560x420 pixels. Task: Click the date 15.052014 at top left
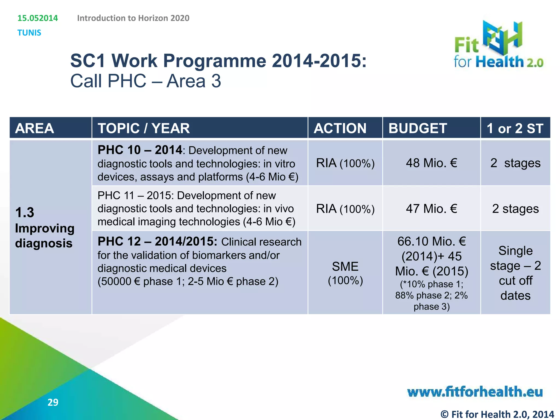[38, 18]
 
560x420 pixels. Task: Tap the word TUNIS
[29, 33]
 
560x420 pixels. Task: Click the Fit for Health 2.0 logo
[498, 45]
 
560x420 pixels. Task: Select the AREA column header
[34, 128]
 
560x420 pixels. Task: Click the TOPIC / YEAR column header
[144, 128]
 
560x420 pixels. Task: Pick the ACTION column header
[340, 128]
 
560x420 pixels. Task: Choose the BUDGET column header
[418, 128]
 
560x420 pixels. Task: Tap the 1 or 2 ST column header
[515, 128]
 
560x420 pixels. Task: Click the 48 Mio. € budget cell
[431, 163]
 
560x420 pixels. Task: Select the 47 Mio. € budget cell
[431, 209]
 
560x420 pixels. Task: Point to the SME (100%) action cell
[345, 273]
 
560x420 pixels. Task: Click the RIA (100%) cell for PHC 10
[345, 163]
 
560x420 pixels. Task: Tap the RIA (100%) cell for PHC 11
[345, 209]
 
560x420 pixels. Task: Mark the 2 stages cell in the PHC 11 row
[515, 209]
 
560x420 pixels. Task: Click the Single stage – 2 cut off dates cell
[515, 273]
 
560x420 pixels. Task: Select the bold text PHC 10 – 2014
[140, 150]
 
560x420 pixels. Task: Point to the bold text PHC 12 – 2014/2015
[157, 241]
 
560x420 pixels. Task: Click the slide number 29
[53, 402]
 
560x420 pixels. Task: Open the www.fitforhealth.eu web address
[475, 392]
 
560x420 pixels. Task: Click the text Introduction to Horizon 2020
[133, 18]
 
